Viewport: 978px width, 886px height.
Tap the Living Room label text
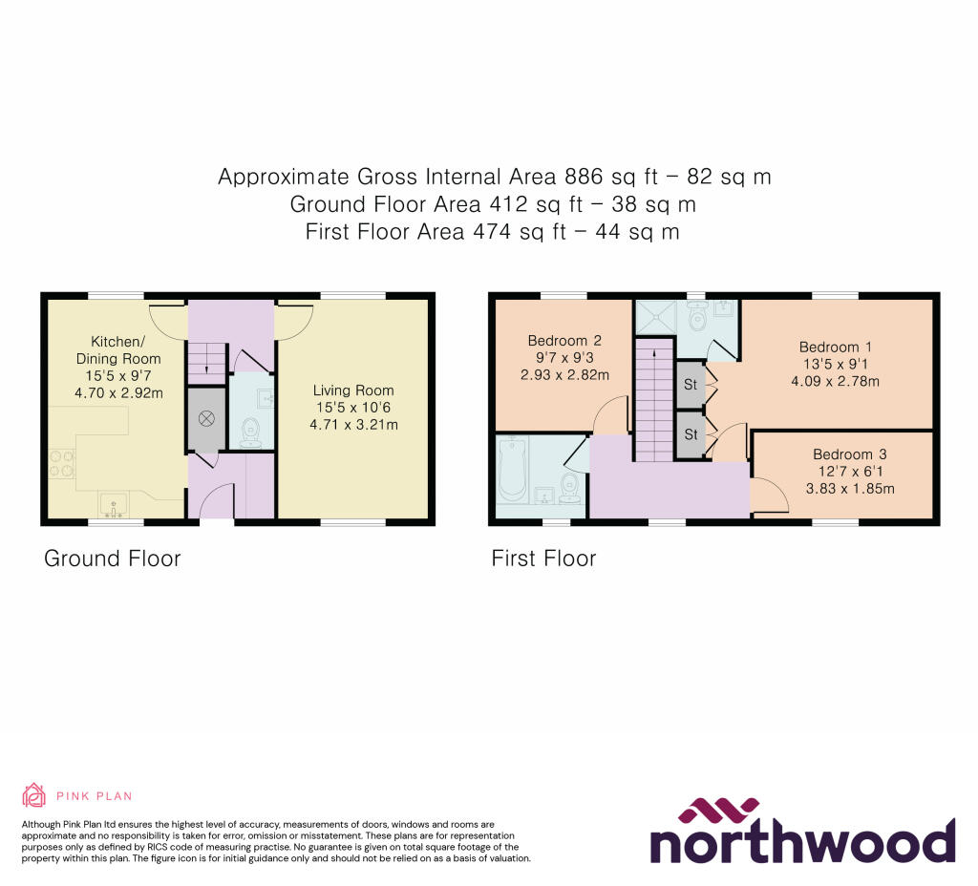[353, 390]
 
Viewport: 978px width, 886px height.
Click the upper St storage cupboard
[690, 384]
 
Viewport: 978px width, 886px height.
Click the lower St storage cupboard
[690, 433]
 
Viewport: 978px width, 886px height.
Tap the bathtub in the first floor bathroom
[513, 469]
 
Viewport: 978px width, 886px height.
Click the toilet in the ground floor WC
[251, 432]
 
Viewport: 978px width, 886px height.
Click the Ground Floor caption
[112, 559]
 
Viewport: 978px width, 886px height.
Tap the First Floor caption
[543, 559]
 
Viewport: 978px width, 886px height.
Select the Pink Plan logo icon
[33, 795]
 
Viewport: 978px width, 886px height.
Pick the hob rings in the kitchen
[57, 463]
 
